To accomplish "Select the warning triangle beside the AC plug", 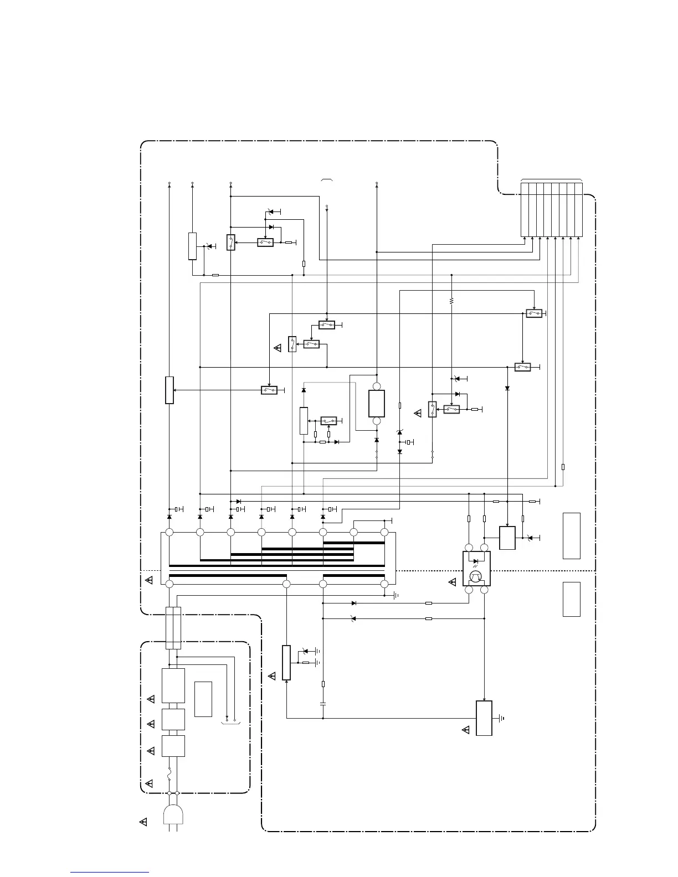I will (x=143, y=822).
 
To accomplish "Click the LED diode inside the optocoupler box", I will (x=476, y=561).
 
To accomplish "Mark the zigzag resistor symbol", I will (x=452, y=301).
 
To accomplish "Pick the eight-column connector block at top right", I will (x=552, y=209).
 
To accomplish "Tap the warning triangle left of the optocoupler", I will (x=453, y=582).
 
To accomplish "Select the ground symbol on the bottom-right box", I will (x=501, y=719).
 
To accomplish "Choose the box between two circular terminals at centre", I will (x=377, y=403).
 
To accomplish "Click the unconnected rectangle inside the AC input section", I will (x=203, y=699).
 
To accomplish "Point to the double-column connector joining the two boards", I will (x=173, y=628).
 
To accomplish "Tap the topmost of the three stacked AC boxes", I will (x=173, y=686).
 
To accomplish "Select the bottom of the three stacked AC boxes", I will (x=173, y=746).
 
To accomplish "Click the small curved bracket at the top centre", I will (x=326, y=180).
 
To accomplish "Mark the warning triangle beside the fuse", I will (x=149, y=783).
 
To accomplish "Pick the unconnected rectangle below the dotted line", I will (x=572, y=599).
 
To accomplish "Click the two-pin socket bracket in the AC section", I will (x=230, y=723).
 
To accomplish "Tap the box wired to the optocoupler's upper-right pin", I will (x=507, y=538).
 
